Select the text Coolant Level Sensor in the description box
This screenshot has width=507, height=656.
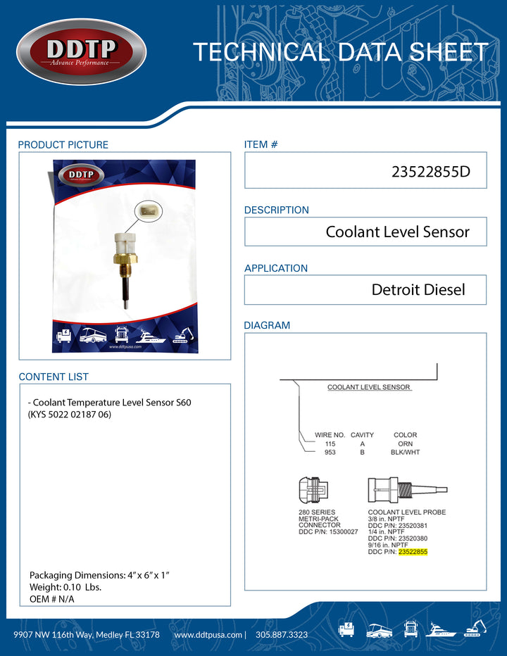(397, 232)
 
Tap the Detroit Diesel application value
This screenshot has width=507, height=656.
(418, 289)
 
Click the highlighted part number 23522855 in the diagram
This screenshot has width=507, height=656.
(412, 553)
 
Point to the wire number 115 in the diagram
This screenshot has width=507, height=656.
(330, 444)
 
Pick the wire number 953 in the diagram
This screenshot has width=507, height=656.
(330, 453)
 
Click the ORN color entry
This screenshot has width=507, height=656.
(405, 444)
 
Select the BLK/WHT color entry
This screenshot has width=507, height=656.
(405, 453)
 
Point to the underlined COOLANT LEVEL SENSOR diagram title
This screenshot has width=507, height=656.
(369, 388)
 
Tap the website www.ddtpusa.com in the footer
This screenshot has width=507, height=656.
(208, 634)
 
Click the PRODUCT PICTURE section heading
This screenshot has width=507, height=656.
(63, 145)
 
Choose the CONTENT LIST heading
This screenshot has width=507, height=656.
(54, 377)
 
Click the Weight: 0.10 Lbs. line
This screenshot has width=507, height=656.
(65, 587)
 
